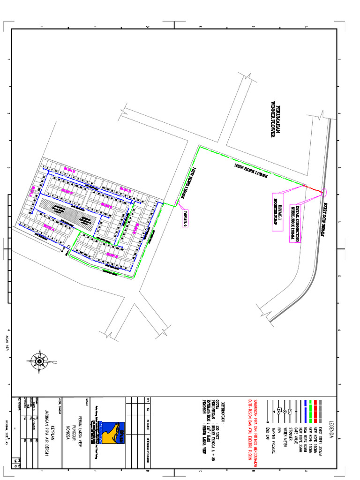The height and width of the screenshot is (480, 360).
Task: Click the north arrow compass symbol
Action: pos(39,360)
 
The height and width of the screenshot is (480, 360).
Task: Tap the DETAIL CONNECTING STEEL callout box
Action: pos(293,223)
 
